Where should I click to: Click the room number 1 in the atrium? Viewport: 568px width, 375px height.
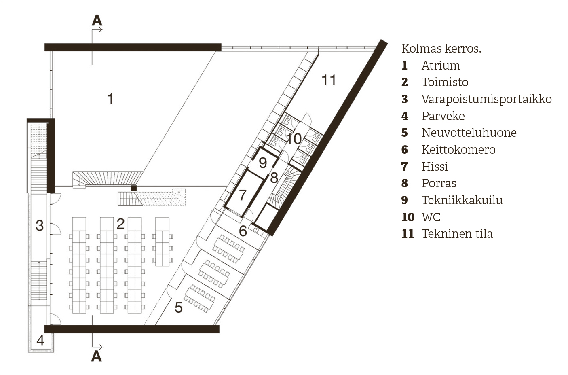point(110,99)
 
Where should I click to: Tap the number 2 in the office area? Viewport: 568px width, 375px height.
point(120,224)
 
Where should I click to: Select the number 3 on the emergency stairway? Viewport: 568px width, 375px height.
point(40,226)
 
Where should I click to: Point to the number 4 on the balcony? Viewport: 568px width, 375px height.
point(40,341)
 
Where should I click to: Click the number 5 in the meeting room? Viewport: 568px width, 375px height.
point(179,307)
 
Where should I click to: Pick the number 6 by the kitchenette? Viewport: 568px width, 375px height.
point(243,231)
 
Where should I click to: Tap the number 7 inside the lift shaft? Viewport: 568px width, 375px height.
point(243,195)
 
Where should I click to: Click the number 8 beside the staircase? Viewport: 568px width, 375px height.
point(274,178)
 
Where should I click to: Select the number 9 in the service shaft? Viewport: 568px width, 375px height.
point(263,163)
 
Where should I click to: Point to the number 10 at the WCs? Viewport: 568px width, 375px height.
point(294,139)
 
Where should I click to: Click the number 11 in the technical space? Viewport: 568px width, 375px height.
point(329,80)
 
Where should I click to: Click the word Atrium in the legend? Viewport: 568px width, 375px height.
point(441,66)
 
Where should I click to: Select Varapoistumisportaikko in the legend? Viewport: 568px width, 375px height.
point(487,99)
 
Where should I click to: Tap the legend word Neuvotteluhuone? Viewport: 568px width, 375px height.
point(469,132)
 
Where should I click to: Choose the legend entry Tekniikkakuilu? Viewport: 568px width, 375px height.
point(462,200)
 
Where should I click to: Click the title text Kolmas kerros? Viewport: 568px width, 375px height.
point(441,49)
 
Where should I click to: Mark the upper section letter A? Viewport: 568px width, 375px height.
point(97,20)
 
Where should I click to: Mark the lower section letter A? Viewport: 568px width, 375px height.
point(97,356)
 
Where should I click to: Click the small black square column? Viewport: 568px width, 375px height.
point(134,188)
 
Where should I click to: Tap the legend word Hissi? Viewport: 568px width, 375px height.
point(435,166)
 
